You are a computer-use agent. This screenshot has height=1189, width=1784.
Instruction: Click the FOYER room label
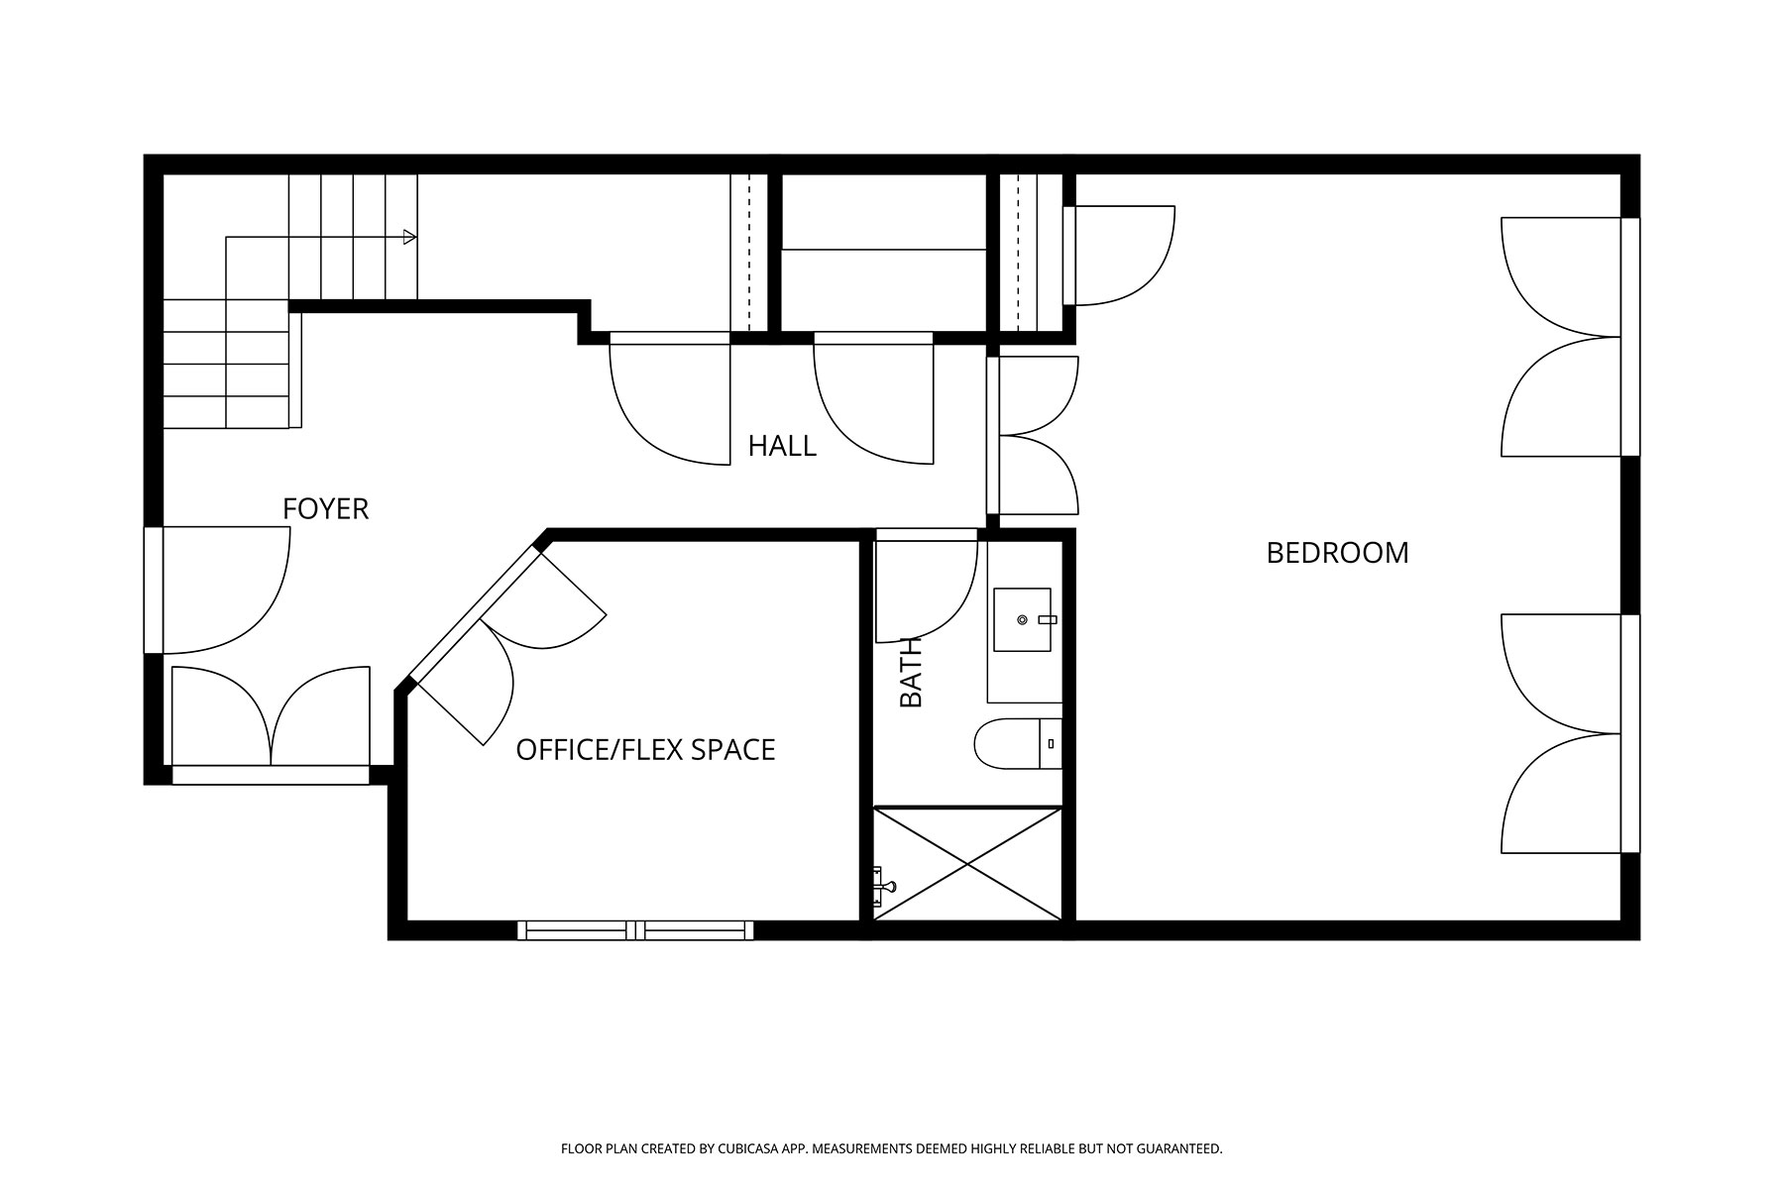click(325, 508)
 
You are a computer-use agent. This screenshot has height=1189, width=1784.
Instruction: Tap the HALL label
click(782, 446)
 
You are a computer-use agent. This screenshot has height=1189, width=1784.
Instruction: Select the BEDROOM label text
click(1337, 553)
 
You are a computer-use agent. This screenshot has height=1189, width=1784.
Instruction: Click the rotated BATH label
click(911, 673)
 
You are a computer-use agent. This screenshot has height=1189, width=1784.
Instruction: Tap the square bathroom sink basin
click(1022, 619)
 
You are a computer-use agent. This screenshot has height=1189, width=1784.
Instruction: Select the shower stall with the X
click(967, 864)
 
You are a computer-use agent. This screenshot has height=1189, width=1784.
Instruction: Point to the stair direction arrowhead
click(409, 237)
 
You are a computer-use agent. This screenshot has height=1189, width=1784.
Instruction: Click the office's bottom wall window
click(635, 930)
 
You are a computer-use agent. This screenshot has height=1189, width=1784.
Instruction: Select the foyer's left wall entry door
click(217, 591)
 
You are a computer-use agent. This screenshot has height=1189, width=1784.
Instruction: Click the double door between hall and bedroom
click(1033, 435)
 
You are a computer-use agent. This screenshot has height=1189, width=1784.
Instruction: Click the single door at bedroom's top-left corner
click(1118, 256)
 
